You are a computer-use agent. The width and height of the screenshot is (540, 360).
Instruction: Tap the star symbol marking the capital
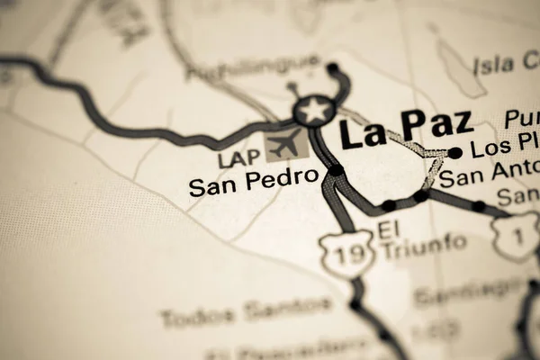314,111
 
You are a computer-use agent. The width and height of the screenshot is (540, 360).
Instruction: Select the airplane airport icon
286,143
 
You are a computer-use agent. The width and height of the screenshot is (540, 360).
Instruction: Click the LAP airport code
238,159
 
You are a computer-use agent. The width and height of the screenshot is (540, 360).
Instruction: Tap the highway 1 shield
514,237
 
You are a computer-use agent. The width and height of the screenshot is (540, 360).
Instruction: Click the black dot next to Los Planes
454,153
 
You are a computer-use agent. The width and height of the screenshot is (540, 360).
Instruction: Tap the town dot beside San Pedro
336,170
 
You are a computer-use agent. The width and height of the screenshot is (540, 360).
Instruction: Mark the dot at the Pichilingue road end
332,67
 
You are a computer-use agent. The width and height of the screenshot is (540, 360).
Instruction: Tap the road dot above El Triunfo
389,205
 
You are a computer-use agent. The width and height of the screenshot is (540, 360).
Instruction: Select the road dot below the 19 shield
355,305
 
